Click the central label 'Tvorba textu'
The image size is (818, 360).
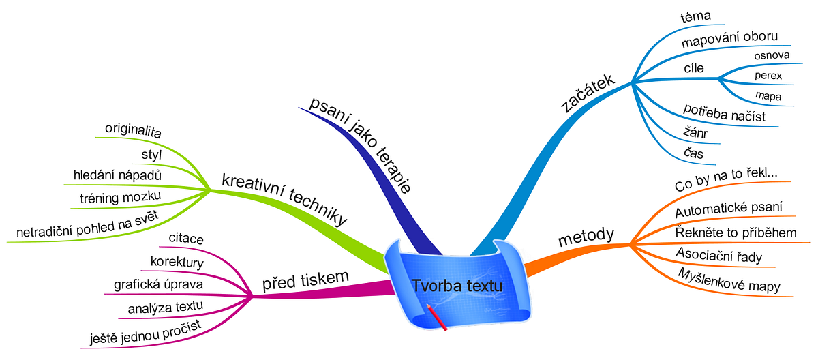pyautogui.click(x=457, y=285)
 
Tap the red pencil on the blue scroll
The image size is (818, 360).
pyautogui.click(x=437, y=317)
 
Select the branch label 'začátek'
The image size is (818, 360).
pyautogui.click(x=587, y=93)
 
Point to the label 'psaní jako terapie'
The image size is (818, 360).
pyautogui.click(x=361, y=145)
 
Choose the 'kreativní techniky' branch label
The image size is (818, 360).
pyautogui.click(x=284, y=199)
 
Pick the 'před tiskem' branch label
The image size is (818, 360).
pyautogui.click(x=305, y=280)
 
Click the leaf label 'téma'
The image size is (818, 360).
pyautogui.click(x=696, y=16)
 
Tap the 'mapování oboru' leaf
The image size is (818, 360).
pyautogui.click(x=729, y=39)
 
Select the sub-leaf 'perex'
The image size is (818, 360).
pyautogui.click(x=768, y=75)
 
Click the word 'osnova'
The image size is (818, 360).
pyautogui.click(x=772, y=55)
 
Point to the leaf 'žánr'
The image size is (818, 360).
pyautogui.click(x=695, y=132)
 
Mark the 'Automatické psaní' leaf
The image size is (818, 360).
pyautogui.click(x=729, y=209)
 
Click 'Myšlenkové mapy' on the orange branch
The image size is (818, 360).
pyautogui.click(x=729, y=280)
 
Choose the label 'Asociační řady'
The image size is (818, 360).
pyautogui.click(x=719, y=255)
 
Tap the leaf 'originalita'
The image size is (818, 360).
pyautogui.click(x=133, y=130)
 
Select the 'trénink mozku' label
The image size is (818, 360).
pyautogui.click(x=120, y=197)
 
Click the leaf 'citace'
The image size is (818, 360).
pyautogui.click(x=186, y=239)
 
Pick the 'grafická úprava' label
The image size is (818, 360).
pyautogui.click(x=158, y=284)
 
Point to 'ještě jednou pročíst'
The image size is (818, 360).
pyautogui.click(x=146, y=332)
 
